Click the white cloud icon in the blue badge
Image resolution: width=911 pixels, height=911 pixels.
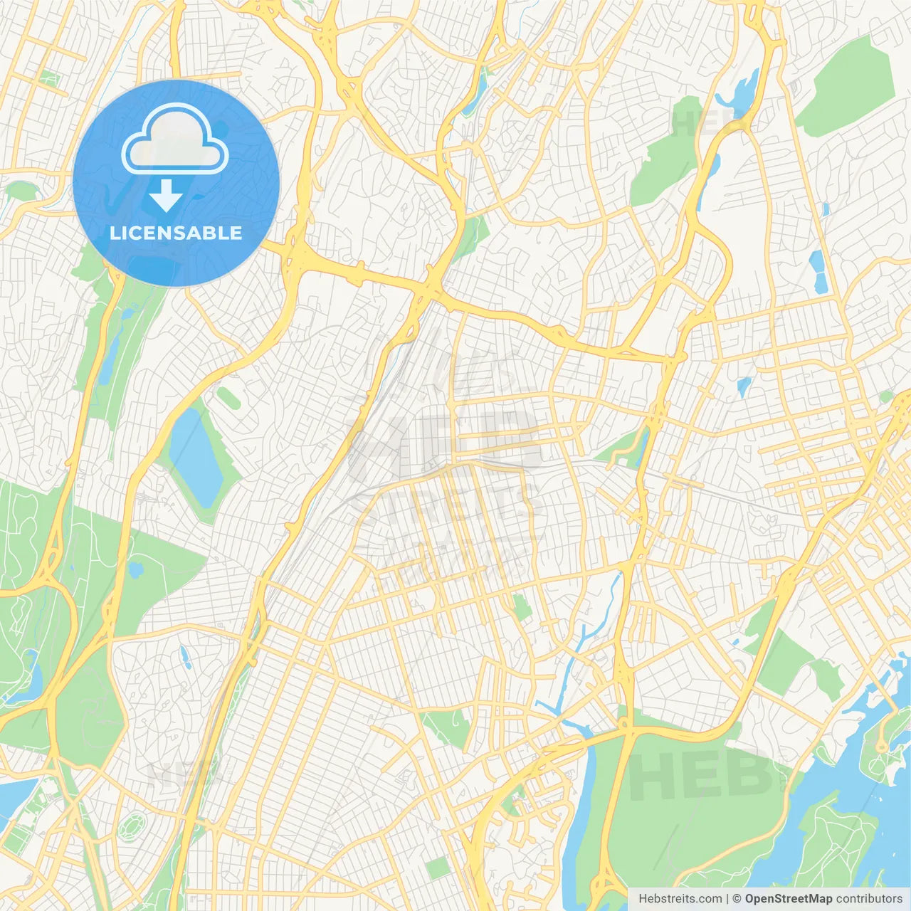[175, 139]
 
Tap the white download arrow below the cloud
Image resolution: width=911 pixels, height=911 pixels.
[167, 196]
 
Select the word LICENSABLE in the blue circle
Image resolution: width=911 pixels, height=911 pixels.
[176, 233]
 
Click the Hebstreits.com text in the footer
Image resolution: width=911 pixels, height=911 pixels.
[680, 899]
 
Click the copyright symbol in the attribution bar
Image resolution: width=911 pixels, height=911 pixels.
[737, 899]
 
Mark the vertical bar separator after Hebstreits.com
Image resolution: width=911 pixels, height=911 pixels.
[727, 899]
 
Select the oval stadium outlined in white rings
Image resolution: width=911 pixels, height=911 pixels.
[132, 826]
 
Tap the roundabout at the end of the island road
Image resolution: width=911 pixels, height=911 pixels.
[882, 747]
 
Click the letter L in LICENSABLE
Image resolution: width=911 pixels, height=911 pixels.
[114, 233]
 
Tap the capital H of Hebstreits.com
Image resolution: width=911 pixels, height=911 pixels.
[643, 899]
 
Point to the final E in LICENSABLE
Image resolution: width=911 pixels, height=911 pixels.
[236, 233]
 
